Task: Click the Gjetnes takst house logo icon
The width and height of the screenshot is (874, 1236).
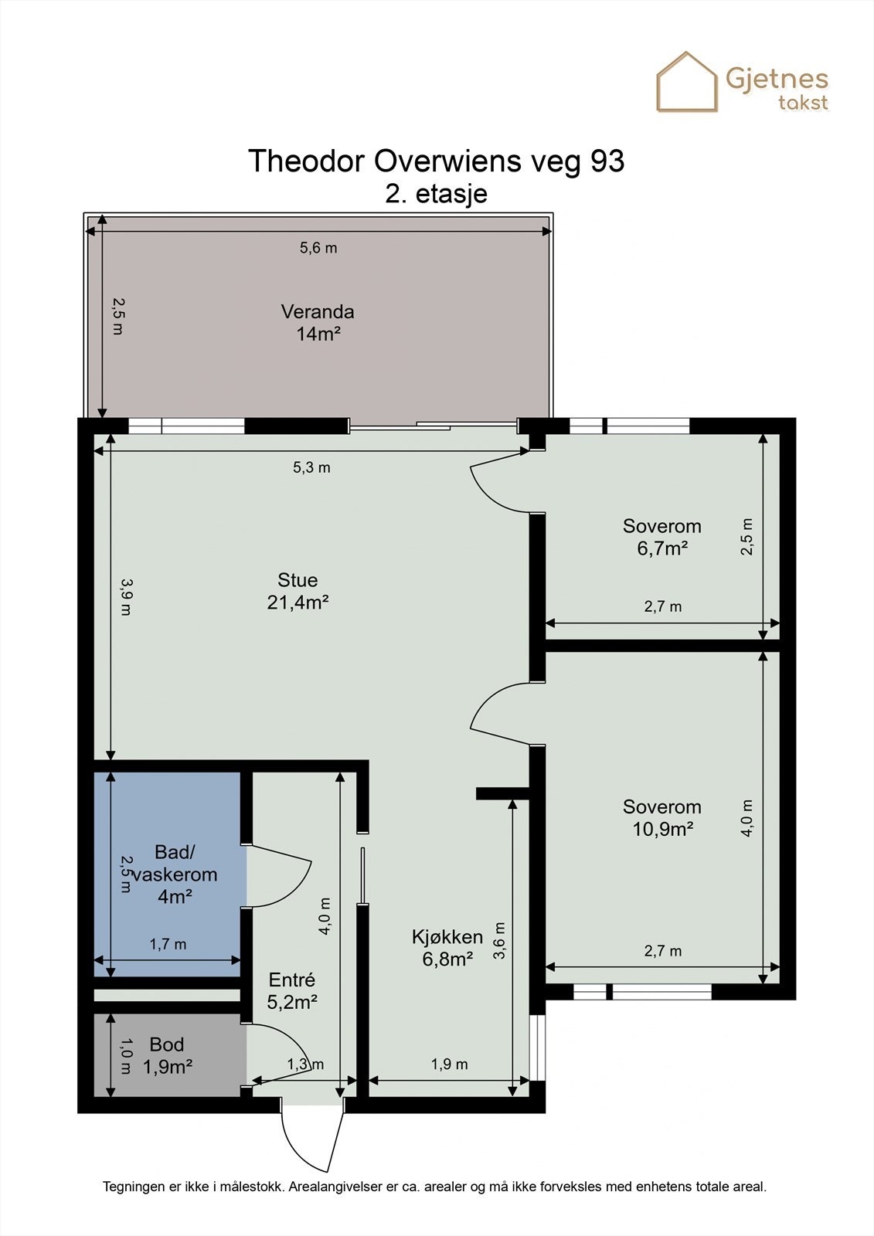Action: coord(687,82)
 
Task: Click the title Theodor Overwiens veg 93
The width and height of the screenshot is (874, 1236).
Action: coord(436,161)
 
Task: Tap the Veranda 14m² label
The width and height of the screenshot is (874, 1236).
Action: coord(318,323)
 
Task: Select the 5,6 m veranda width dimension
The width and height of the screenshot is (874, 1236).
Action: coord(318,248)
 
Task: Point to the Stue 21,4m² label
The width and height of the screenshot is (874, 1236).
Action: coord(298,591)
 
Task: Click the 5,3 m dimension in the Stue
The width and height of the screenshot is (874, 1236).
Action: coord(311,467)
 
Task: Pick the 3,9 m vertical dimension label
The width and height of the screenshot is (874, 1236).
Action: coord(125,597)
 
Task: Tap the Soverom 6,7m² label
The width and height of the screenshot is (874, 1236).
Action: coord(662,538)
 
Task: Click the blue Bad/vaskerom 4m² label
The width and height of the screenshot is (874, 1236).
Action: coord(175,874)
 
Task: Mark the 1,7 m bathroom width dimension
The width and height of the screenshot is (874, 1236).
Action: coord(168,944)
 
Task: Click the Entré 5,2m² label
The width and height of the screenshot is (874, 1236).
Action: coord(292,990)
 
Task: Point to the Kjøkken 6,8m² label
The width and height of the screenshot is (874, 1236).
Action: coord(447,948)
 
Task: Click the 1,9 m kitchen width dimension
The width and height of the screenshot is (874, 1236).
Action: coord(450,1065)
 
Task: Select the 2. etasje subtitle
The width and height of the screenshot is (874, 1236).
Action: coord(436,195)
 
